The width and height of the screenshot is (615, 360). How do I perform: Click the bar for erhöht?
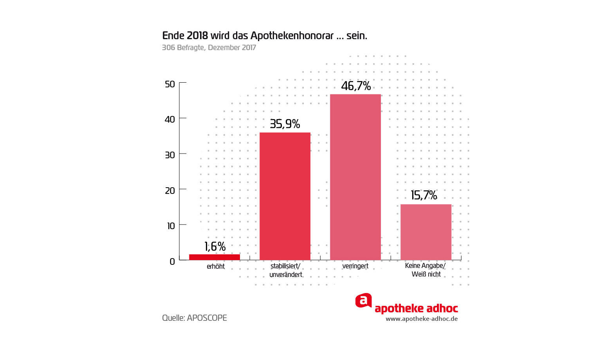214,257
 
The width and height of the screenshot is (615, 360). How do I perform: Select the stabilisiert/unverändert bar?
285,196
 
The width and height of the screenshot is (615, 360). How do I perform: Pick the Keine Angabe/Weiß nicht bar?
426,232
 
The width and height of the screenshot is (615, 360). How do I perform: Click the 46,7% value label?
356,86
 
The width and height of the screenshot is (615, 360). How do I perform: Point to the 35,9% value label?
285,124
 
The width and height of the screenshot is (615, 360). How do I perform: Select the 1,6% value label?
215,247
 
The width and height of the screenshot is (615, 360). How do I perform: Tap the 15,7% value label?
424,195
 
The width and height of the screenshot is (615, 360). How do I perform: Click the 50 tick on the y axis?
170,84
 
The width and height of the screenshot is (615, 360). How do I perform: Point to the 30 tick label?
170,155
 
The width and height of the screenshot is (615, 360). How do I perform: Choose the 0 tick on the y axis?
172,262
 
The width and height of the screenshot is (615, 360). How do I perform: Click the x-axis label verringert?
355,266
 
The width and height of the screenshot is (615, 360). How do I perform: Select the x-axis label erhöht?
216,266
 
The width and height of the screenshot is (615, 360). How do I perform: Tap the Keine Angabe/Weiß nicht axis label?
426,270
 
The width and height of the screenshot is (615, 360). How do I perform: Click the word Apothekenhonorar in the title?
292,36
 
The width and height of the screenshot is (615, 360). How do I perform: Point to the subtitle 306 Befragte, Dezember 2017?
209,48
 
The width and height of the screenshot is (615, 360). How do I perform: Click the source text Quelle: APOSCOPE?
195,318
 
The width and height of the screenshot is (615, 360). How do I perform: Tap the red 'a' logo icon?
363,301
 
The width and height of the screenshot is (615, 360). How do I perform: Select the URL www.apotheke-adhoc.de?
422,319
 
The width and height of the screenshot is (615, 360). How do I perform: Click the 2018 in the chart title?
197,36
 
